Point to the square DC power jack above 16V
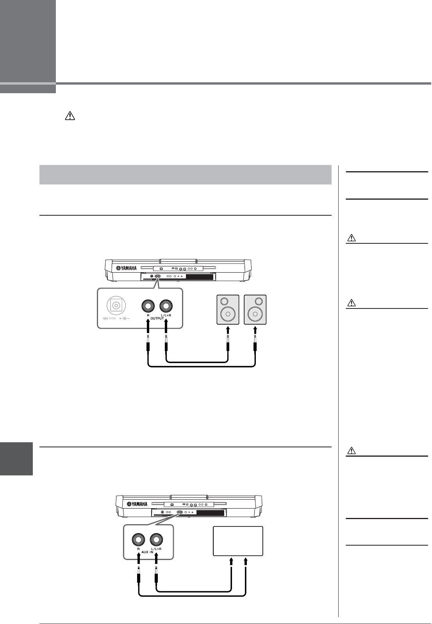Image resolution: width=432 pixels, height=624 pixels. point(116,306)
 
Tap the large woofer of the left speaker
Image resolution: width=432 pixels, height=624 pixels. point(228,314)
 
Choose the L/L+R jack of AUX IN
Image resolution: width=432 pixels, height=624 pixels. point(157,540)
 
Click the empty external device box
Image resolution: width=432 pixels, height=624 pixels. point(238,541)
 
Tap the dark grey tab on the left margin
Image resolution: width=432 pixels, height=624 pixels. point(16,458)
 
